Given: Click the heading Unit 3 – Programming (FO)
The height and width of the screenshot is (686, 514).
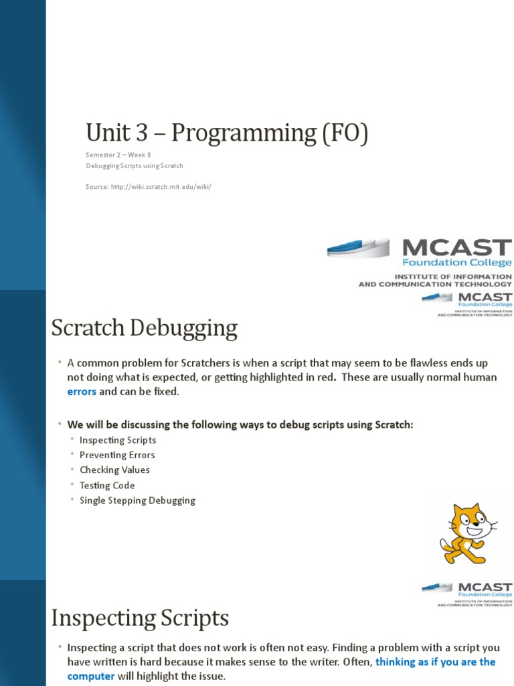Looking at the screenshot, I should (x=227, y=133).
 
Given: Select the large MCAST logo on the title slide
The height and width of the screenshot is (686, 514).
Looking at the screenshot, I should (x=420, y=261).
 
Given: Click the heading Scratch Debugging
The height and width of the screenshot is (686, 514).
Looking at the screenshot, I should (x=145, y=329).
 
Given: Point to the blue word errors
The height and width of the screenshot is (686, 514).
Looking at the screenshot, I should (x=82, y=392).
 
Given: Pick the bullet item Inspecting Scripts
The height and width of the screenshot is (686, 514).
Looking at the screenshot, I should (x=118, y=440).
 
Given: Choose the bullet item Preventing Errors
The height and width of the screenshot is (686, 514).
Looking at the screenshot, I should (x=117, y=456).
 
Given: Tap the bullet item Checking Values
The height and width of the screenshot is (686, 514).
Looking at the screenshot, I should (x=114, y=470).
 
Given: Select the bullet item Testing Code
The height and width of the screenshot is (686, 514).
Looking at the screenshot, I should (x=107, y=486).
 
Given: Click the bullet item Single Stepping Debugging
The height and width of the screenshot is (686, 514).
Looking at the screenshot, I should (x=137, y=500).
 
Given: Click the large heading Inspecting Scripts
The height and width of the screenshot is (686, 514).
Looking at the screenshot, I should (x=141, y=617).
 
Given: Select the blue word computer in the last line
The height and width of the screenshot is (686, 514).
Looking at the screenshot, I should (x=91, y=676).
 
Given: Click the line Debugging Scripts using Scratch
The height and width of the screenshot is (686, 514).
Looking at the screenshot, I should (x=134, y=165).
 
